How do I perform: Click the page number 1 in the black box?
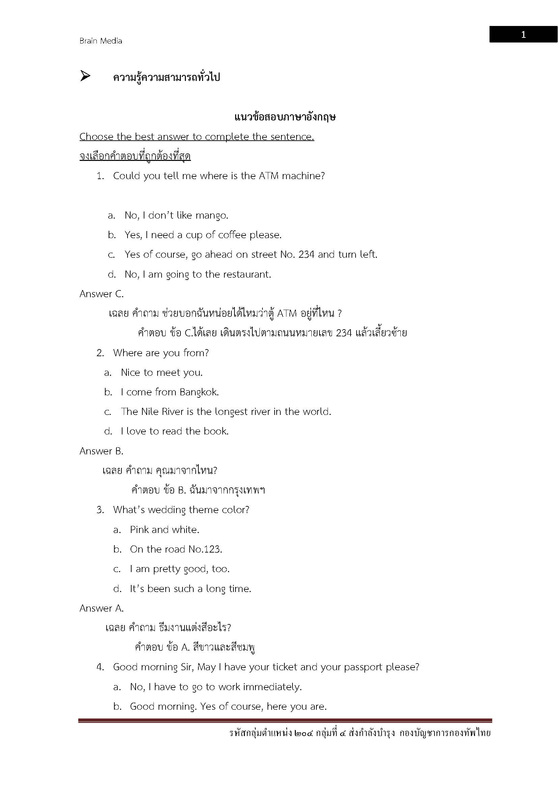point(523,35)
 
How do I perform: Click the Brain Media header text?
point(101,41)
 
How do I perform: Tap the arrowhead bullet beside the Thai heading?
point(85,76)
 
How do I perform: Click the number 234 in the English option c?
point(306,255)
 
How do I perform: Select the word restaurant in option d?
point(247,274)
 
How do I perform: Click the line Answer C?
point(101,294)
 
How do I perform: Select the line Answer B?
point(101,451)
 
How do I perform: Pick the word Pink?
point(139,530)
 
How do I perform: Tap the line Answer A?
point(101,608)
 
